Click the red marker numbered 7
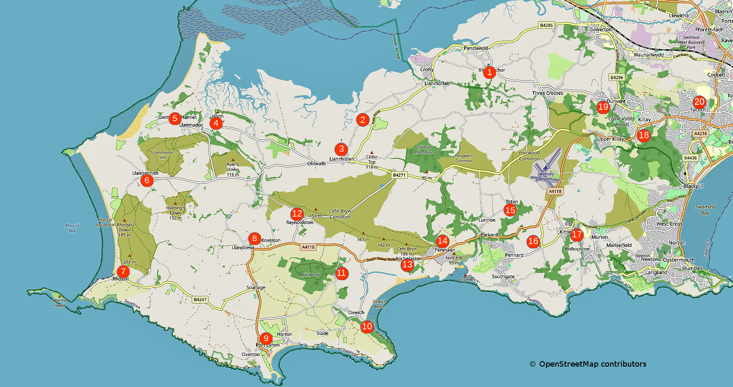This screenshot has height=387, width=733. [x=123, y=271]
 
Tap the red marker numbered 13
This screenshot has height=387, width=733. [x=407, y=265]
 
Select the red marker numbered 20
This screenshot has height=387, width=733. [x=699, y=102]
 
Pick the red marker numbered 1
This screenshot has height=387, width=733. [x=489, y=72]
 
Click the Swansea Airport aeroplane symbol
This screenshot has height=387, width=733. [x=545, y=168]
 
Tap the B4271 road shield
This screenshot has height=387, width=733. [x=399, y=175]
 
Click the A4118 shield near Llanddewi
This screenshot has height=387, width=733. [x=308, y=247]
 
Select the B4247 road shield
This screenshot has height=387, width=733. [x=200, y=299]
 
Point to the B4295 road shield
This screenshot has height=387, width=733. [x=546, y=25]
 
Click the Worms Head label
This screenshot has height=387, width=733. [x=59, y=303]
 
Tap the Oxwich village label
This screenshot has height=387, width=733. [x=356, y=312]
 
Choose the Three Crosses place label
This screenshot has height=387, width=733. [x=548, y=93]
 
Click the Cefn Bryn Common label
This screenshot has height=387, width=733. [x=340, y=214]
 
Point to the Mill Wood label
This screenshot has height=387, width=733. [x=309, y=275]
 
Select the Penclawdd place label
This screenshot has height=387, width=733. [x=475, y=48]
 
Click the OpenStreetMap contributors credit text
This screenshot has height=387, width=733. [x=592, y=364]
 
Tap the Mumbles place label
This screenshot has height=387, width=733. [x=692, y=268]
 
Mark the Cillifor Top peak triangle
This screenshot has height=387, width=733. [x=372, y=152]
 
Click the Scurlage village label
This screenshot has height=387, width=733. [x=256, y=287]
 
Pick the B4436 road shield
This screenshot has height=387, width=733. [x=690, y=158]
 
